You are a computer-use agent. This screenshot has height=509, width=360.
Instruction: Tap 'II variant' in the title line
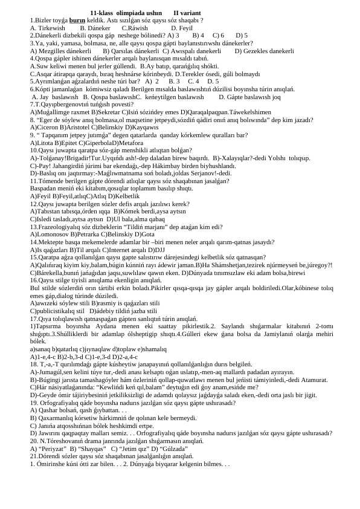point(187,12)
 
